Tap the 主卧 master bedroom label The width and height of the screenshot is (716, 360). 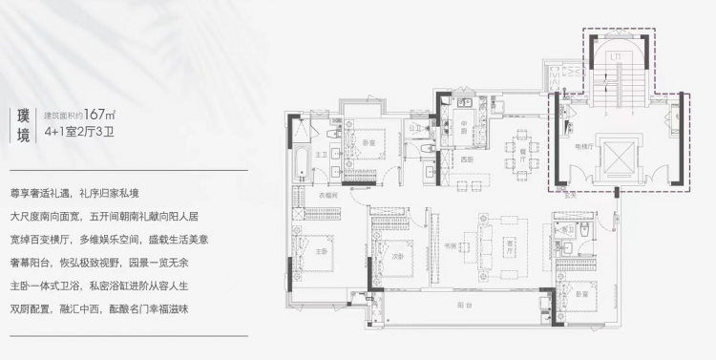321,252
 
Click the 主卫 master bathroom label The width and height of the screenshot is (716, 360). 323,154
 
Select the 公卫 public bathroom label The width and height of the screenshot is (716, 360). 414,127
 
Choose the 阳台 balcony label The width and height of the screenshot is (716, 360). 459,303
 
